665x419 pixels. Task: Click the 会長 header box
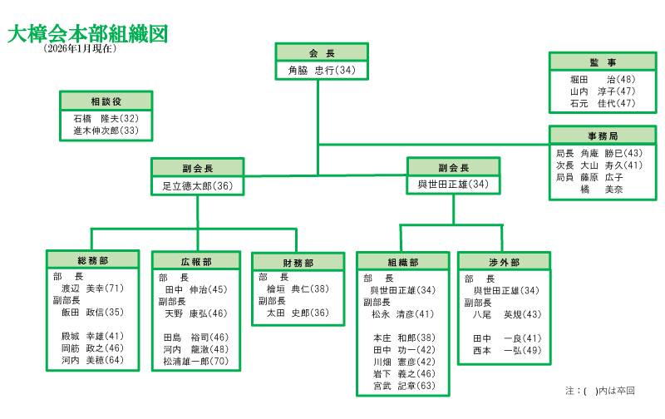[321, 52]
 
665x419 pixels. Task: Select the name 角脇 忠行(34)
[321, 71]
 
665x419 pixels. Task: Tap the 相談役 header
[106, 101]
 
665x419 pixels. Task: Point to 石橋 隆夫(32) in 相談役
[106, 119]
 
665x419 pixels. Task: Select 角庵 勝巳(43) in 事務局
[611, 154]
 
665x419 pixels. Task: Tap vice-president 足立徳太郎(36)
[197, 186]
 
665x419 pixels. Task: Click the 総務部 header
[91, 260]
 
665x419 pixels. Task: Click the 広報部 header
[196, 261]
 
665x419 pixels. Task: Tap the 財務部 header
[298, 263]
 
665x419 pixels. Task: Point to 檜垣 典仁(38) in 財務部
[297, 288]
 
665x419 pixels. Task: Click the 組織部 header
[402, 262]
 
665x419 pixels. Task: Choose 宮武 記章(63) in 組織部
[404, 386]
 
